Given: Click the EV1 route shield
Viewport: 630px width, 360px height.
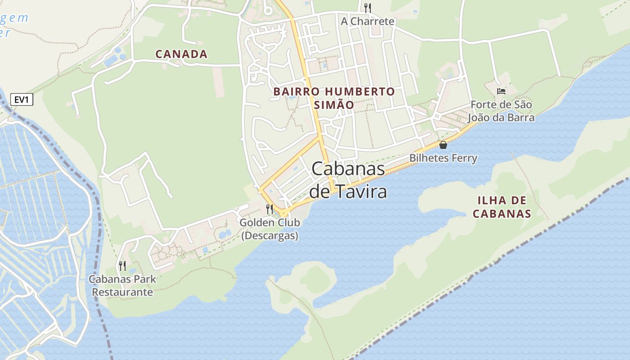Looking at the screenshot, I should [x=22, y=99].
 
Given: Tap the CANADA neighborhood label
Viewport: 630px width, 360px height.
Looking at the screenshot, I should [x=181, y=54].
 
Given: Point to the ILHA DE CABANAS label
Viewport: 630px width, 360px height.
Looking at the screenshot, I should [x=502, y=207].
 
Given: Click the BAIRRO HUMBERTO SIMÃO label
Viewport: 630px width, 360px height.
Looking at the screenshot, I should [x=334, y=98].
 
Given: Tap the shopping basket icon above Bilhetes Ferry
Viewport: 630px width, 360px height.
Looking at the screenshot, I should [x=443, y=145].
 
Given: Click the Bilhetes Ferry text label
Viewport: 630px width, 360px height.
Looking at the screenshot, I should [x=443, y=158].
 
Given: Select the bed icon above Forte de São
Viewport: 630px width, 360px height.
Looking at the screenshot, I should [x=501, y=91].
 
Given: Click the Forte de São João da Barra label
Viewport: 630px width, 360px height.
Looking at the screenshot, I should [x=501, y=111].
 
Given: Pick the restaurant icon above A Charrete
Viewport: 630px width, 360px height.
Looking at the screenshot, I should [x=368, y=7].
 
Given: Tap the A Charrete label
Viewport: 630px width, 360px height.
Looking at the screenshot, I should [x=368, y=21].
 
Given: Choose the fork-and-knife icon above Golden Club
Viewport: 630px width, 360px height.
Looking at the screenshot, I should [x=270, y=209].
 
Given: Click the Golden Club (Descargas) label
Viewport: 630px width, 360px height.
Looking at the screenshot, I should [x=270, y=229].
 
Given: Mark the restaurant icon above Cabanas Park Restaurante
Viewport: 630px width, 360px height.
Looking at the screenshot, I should [x=122, y=265].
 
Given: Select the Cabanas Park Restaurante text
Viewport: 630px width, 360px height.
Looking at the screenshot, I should [x=122, y=285].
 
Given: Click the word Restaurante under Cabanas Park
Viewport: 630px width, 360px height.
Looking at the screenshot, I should [x=122, y=292].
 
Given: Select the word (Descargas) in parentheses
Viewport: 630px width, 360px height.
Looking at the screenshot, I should [x=270, y=235].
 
